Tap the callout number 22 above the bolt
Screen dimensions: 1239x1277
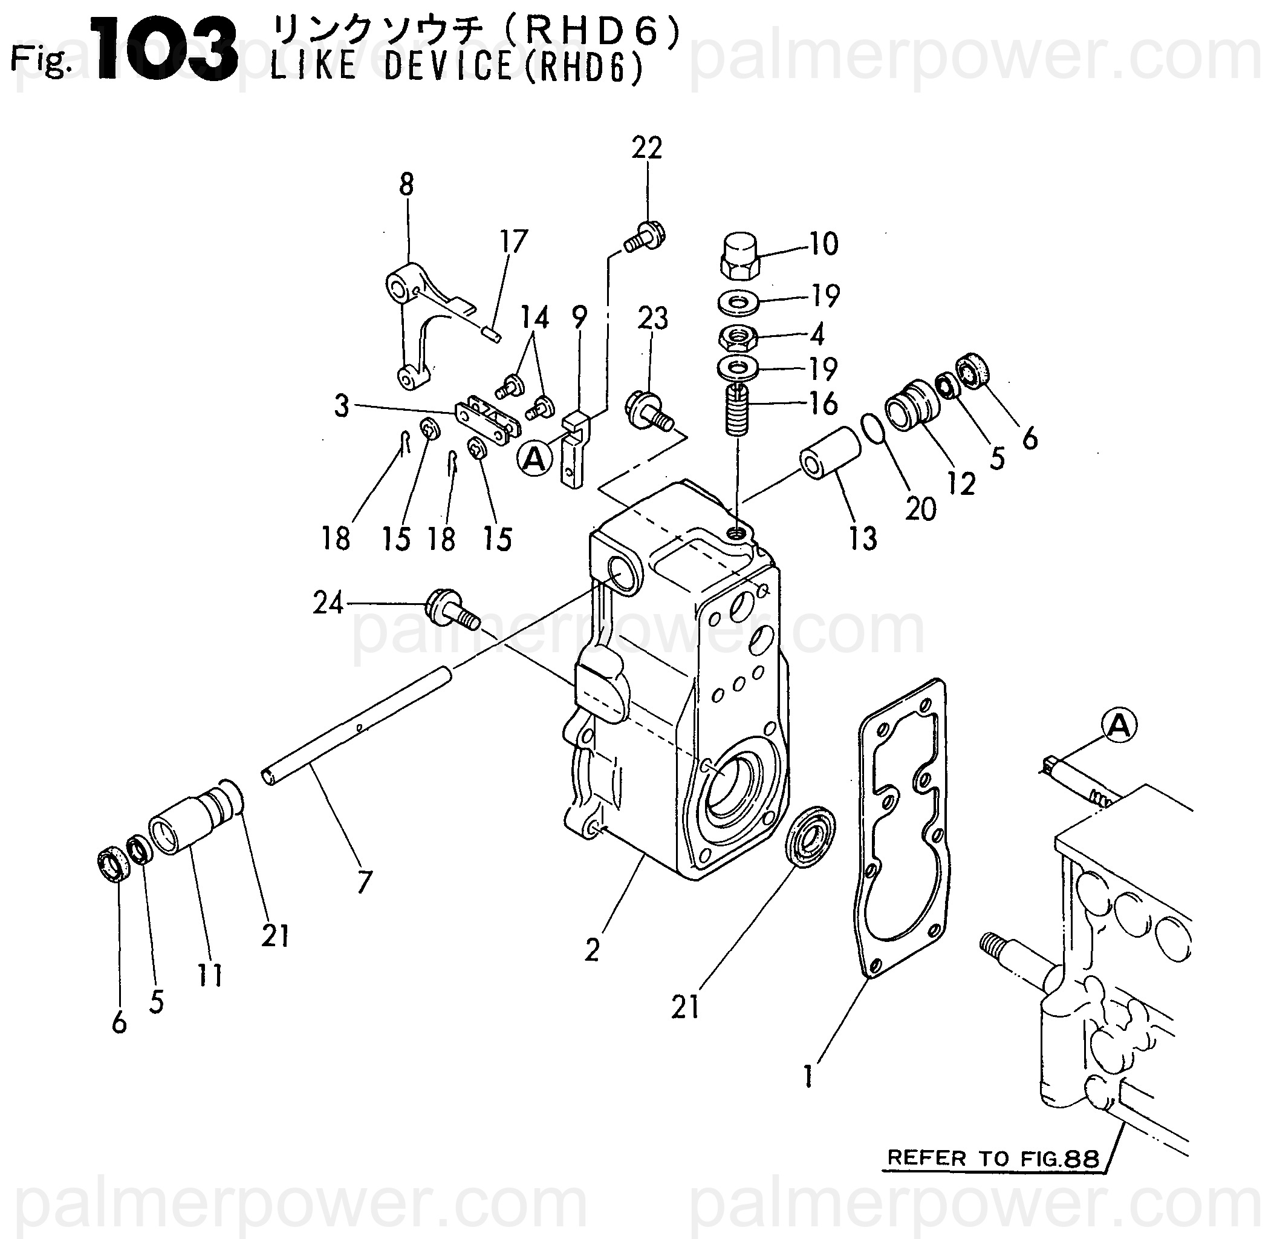click(x=646, y=148)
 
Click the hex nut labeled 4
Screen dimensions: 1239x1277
click(x=737, y=338)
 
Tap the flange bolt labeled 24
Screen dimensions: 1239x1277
click(x=452, y=608)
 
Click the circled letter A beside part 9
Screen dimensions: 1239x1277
click(x=535, y=459)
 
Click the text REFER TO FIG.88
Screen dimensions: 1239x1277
click(x=993, y=1157)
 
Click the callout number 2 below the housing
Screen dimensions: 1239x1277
click(x=591, y=951)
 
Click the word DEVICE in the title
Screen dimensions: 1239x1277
click(x=448, y=67)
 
